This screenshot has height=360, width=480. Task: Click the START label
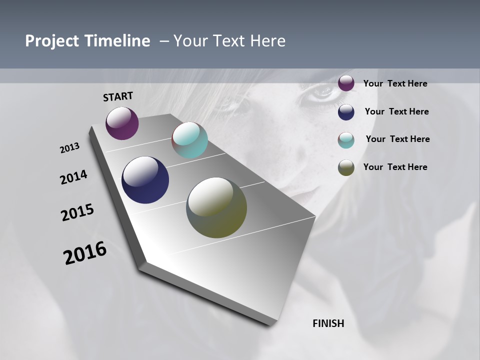[118, 96]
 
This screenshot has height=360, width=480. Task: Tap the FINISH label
[328, 323]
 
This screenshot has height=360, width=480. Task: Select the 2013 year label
[70, 148]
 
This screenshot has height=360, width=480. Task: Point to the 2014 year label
[74, 177]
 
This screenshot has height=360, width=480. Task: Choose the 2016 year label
[85, 253]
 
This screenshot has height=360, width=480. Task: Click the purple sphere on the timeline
[122, 123]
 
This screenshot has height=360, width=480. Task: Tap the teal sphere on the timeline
[189, 140]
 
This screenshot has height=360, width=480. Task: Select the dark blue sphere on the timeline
[145, 180]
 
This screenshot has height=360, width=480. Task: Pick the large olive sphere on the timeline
[216, 207]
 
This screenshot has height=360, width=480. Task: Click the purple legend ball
[346, 83]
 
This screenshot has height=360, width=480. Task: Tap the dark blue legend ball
[346, 111]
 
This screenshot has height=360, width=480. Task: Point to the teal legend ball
[346, 140]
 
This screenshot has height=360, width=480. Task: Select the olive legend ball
[346, 167]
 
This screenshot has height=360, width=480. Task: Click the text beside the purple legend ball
[395, 83]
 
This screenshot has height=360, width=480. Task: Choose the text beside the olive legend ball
[395, 167]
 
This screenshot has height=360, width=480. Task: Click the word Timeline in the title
[118, 41]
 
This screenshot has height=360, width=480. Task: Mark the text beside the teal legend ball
[397, 139]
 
